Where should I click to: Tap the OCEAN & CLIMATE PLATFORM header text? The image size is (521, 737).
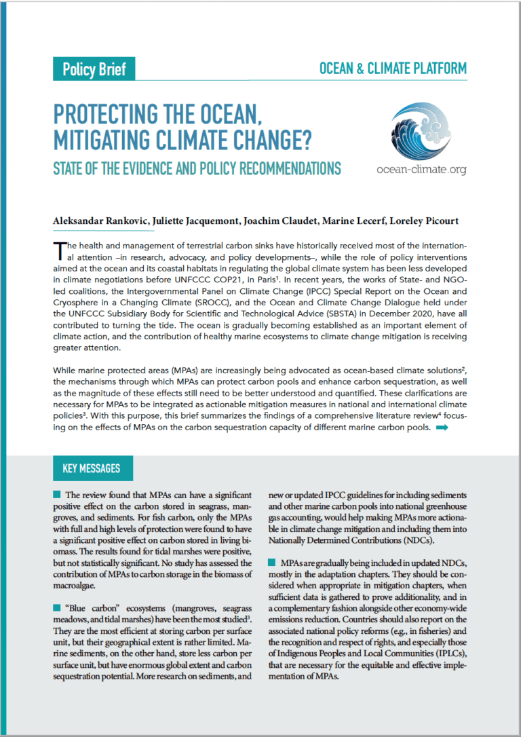(x=392, y=69)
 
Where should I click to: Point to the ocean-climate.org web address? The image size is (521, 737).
(x=421, y=169)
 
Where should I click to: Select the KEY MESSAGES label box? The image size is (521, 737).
(x=92, y=468)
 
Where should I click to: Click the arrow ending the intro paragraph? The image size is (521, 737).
(x=442, y=428)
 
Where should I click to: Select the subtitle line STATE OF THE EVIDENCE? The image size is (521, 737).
(x=197, y=168)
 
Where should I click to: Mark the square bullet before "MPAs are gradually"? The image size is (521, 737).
(x=273, y=563)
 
